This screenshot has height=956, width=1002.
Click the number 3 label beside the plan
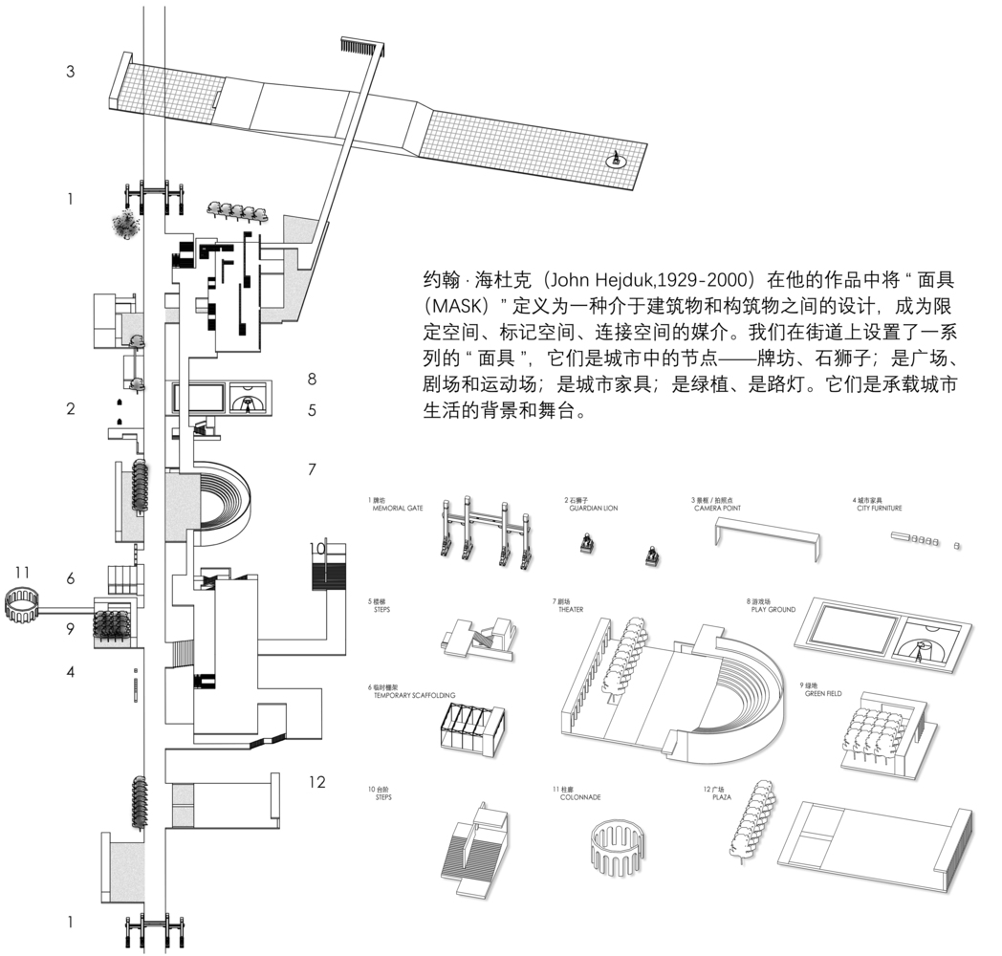pyautogui.click(x=71, y=72)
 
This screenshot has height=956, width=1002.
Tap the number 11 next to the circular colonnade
pyautogui.click(x=22, y=573)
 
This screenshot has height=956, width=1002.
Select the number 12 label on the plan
pyautogui.click(x=316, y=782)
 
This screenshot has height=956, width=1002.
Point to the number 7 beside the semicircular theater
pyautogui.click(x=311, y=469)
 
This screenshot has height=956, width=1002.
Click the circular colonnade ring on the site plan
pyautogui.click(x=22, y=604)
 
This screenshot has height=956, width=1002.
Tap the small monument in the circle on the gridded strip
pyautogui.click(x=618, y=160)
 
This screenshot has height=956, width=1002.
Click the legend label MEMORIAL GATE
pyautogui.click(x=398, y=509)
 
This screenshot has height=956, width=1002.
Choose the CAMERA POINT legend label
pyautogui.click(x=717, y=509)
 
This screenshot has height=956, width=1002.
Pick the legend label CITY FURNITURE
pyautogui.click(x=878, y=509)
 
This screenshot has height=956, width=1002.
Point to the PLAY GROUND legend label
pyautogui.click(x=773, y=609)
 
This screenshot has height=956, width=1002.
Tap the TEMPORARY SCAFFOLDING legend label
pyautogui.click(x=415, y=696)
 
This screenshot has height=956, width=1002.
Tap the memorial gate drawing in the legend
pyautogui.click(x=484, y=533)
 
